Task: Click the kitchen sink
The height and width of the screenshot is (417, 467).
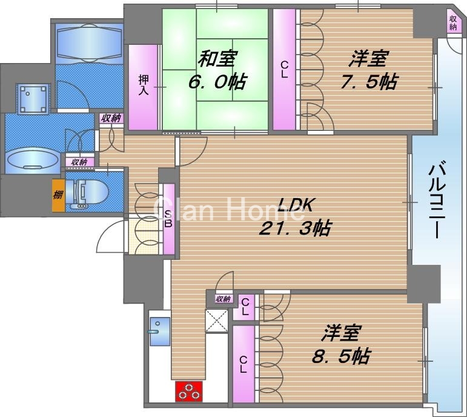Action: tap(159, 332)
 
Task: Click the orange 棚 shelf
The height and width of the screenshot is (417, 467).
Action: tap(58, 195)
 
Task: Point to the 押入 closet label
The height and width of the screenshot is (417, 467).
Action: tap(144, 85)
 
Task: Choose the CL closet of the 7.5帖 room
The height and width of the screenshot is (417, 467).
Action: tap(283, 70)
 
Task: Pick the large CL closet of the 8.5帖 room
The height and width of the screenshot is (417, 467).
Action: tap(243, 364)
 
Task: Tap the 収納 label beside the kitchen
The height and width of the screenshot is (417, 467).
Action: tap(222, 298)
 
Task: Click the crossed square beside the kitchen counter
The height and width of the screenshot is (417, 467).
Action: tap(216, 321)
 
